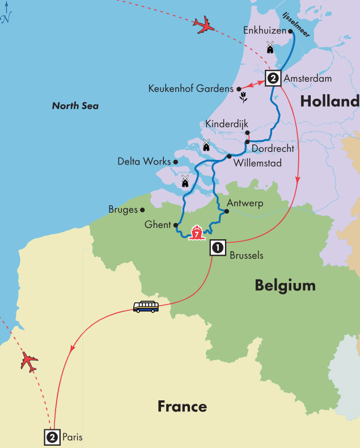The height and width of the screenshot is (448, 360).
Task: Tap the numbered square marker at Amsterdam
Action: click(x=273, y=78)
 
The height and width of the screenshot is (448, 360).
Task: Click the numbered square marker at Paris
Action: click(x=52, y=437)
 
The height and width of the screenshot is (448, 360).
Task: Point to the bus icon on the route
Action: click(x=146, y=307)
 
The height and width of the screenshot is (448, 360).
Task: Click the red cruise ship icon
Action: click(x=196, y=233)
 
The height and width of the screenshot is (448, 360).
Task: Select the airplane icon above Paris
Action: click(x=29, y=361)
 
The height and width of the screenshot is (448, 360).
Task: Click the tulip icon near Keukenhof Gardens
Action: click(x=243, y=96)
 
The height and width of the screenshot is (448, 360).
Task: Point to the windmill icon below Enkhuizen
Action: click(x=270, y=47)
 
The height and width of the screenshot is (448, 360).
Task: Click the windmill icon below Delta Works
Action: click(x=185, y=181)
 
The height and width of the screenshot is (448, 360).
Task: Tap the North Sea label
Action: click(x=75, y=106)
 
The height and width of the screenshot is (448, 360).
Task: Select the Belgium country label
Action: click(x=285, y=285)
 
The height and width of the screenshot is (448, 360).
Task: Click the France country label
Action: click(x=182, y=406)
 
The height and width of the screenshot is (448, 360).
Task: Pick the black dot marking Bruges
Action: click(x=142, y=210)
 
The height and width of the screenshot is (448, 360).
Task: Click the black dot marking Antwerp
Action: click(x=226, y=212)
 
